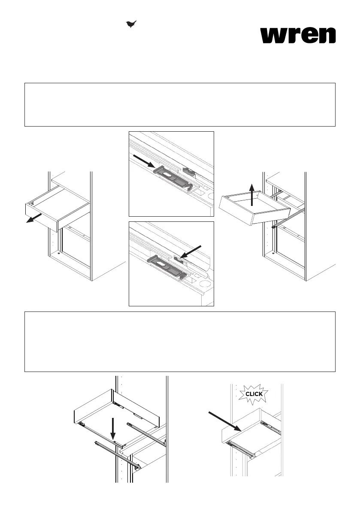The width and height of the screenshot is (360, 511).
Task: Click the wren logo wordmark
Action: (x=298, y=35)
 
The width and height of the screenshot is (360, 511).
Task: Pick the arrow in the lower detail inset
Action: (x=192, y=252)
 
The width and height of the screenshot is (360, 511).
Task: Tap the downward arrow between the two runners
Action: (x=114, y=427)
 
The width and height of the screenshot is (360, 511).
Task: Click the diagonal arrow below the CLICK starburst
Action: (x=225, y=422)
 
